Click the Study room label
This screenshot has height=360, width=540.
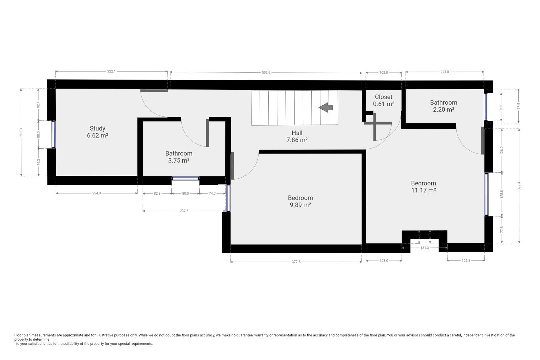click(x=97, y=132)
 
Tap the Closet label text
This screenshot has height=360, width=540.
click(x=383, y=100)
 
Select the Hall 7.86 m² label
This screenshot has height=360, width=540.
click(x=297, y=136)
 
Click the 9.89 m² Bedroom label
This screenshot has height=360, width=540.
click(x=300, y=201)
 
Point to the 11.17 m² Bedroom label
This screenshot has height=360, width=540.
click(x=423, y=186)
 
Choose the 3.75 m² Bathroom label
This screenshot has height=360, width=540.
click(x=179, y=157)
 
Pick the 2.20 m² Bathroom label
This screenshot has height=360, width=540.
click(x=443, y=106)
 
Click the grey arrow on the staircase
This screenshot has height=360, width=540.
click(x=326, y=107)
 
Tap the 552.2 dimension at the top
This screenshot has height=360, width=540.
click(x=266, y=72)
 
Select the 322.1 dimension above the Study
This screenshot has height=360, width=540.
click(x=111, y=71)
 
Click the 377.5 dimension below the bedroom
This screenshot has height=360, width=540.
click(x=296, y=262)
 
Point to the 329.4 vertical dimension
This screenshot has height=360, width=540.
click(x=519, y=186)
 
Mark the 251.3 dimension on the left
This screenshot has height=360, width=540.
click(x=21, y=132)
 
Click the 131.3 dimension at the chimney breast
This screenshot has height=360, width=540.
click(x=425, y=248)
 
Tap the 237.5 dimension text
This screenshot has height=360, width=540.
click(x=184, y=211)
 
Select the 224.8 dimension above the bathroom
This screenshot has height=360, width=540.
click(x=445, y=72)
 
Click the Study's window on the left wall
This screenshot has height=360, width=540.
click(x=53, y=134)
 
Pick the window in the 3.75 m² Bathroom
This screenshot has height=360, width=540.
click(x=185, y=179)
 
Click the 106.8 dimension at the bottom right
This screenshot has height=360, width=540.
click(x=466, y=260)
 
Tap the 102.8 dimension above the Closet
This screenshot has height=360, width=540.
click(x=384, y=72)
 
